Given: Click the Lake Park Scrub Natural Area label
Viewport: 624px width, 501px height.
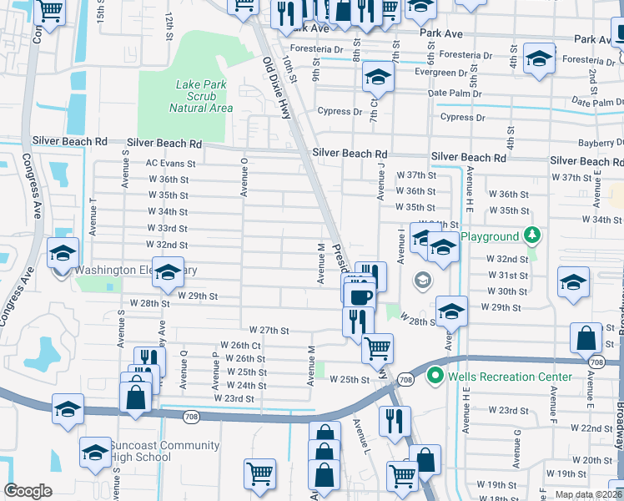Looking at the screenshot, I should click(201, 96).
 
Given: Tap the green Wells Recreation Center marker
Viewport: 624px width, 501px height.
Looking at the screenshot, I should click(434, 377).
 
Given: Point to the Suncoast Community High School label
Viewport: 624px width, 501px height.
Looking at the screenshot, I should click(165, 452).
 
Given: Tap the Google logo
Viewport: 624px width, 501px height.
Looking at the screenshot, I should click(28, 491).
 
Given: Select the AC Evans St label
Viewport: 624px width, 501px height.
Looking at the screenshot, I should click(170, 164).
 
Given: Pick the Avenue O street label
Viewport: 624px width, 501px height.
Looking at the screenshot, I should click(244, 177).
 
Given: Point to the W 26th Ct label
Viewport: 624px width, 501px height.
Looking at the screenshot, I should click(240, 345).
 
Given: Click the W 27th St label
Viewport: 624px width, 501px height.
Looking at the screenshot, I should click(268, 331).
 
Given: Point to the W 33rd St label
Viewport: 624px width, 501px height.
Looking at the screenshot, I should click(167, 228).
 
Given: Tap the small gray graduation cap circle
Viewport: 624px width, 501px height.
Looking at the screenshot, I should click(423, 280).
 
